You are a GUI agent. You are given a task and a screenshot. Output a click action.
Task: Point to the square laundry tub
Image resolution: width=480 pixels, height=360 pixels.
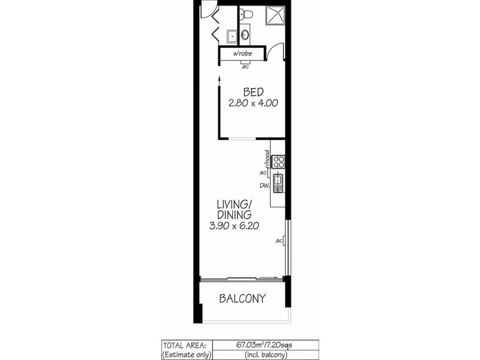point(232,35)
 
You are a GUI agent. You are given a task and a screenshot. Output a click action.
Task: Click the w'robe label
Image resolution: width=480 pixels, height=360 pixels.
point(242,55)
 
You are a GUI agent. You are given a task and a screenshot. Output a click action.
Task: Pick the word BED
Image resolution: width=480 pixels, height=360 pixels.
point(251,92)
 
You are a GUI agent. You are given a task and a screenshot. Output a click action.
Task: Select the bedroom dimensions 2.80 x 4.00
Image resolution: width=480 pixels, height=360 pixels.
point(252,103)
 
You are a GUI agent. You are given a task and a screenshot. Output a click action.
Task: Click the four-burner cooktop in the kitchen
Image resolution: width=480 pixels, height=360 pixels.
point(278,160)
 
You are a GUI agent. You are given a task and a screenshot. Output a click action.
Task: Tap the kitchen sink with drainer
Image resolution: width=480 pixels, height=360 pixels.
point(278,182)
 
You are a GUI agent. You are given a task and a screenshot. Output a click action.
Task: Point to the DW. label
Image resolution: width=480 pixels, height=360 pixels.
point(263,185)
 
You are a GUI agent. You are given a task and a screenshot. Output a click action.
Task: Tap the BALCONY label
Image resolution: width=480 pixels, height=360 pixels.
point(242,299)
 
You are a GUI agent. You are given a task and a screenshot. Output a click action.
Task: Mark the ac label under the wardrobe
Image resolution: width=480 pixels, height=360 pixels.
point(245,66)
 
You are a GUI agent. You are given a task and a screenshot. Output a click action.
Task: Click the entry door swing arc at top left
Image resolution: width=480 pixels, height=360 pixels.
point(207,9)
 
